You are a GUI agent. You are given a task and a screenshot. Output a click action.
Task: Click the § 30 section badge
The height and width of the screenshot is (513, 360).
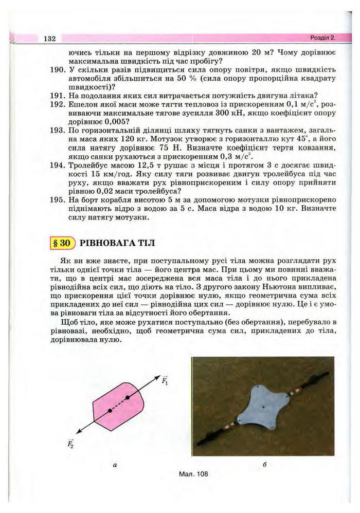pyautogui.click(x=62, y=243)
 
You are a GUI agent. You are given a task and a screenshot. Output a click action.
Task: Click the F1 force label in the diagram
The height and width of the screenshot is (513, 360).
pyautogui.click(x=164, y=381)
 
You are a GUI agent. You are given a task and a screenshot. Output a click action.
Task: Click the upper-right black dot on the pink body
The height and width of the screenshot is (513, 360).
pyautogui.click(x=128, y=397)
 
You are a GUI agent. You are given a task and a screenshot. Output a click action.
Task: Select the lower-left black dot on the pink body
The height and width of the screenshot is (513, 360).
pyautogui.click(x=110, y=411)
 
